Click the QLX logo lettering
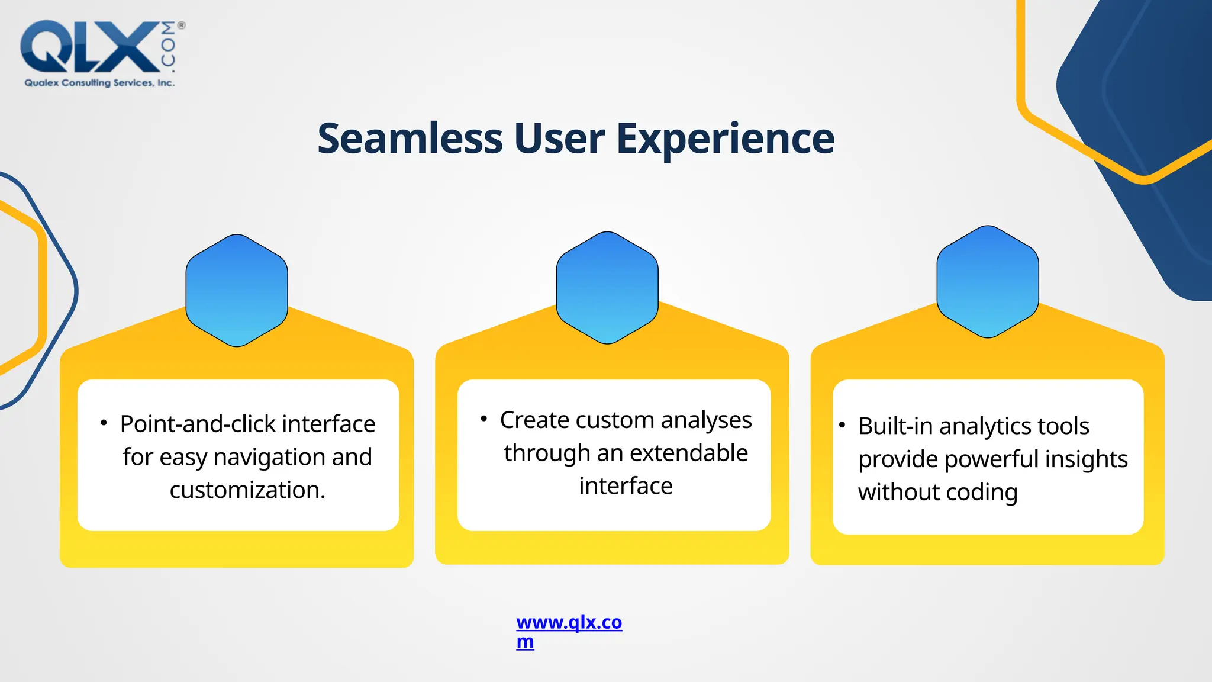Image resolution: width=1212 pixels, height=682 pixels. coord(89,47)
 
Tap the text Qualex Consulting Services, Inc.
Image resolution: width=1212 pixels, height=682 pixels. coord(99,83)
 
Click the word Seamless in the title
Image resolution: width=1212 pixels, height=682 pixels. coord(410,139)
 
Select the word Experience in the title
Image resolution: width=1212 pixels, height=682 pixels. coord(725,140)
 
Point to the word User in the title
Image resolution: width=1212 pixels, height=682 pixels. coord(559,139)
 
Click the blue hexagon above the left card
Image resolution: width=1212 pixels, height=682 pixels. coord(237,290)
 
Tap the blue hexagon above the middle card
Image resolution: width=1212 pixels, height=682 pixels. coord(607,288)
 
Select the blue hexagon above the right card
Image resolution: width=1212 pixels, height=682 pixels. coord(988,282)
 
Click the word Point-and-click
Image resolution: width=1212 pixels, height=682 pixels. coord(198,424)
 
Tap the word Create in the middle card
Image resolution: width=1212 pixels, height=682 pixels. coord(534,420)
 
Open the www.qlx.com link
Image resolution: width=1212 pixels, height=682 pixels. coord(569,623)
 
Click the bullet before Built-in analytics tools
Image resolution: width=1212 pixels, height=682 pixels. coord(842,425)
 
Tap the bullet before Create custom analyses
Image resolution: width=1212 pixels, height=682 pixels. coord(483,419)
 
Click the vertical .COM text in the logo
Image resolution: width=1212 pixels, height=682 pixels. coord(169,45)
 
